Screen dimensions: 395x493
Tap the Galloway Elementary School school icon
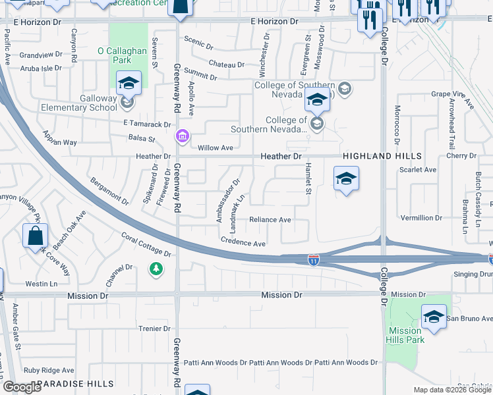pos(129,84)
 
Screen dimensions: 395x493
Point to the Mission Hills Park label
pos(405,336)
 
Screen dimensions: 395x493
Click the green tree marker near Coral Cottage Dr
pos(156,269)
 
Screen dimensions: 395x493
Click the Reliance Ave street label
pos(270,220)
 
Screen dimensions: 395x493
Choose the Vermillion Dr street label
pos(422,218)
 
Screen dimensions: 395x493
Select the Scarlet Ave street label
pos(418,170)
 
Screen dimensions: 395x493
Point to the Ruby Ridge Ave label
pos(49,371)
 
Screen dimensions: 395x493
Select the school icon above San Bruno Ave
pos(433,319)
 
